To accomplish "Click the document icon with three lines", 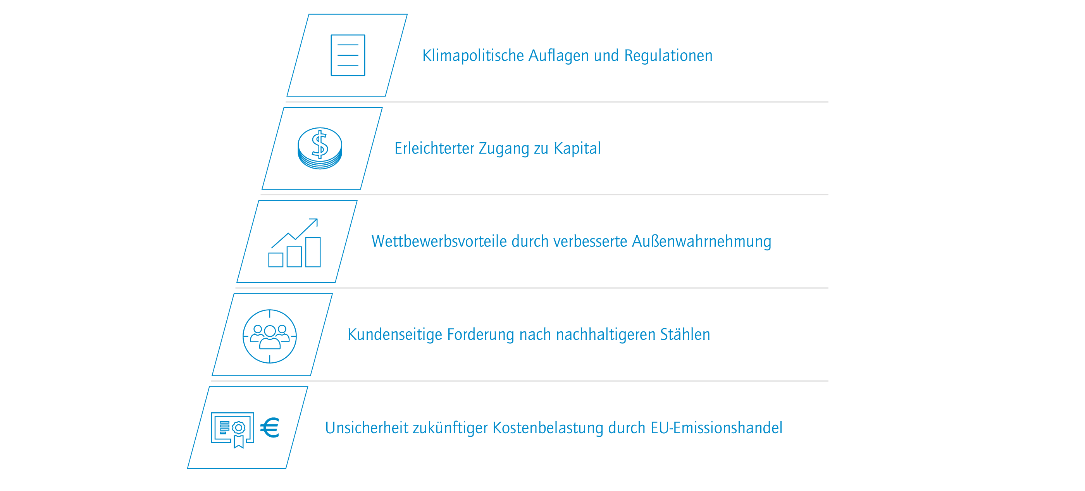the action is (348, 55).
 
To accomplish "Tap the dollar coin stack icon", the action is (320, 148).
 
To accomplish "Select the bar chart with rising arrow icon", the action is (295, 243).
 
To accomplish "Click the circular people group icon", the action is (270, 336).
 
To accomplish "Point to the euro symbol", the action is (270, 428).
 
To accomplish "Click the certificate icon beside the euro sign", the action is (232, 430).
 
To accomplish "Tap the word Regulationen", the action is (668, 55).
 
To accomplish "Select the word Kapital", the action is (577, 148).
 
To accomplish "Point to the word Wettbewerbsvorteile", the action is (439, 241).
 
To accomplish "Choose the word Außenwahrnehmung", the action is (702, 242).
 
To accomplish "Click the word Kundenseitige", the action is (394, 335).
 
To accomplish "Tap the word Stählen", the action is (685, 334).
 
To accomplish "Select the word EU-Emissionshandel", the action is (716, 428).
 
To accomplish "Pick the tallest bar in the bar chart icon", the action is (313, 252).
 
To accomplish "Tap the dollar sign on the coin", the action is (320, 145).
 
